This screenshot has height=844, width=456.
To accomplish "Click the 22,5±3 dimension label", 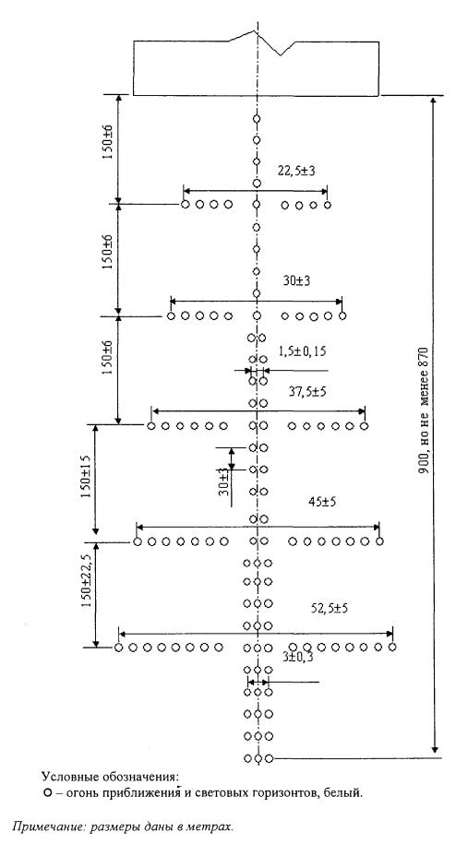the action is (296, 172).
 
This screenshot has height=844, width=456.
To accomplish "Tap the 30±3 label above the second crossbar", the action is (296, 280).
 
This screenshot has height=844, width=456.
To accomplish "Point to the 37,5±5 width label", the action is (307, 391).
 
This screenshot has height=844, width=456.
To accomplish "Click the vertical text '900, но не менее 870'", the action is (423, 409).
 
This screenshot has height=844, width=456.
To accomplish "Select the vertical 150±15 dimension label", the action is (85, 477).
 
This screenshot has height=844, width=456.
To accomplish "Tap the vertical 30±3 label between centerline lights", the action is (224, 481).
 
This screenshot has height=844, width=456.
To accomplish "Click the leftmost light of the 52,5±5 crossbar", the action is (118, 647).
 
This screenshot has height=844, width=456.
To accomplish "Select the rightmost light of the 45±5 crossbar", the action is (379, 541).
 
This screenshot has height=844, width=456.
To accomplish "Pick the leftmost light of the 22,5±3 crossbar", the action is (186, 205).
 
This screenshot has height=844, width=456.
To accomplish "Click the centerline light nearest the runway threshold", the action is (257, 119).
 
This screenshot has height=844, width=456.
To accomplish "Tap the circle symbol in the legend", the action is (47, 793).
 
